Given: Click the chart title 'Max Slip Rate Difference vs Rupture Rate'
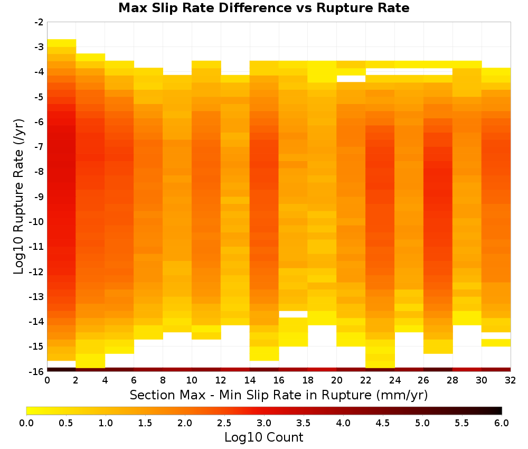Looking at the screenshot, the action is [263, 8].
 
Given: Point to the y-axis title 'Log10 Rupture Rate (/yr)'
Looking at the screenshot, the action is [18, 197].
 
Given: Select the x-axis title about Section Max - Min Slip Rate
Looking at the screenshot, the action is [279, 395].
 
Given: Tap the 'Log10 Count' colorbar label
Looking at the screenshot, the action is [263, 437].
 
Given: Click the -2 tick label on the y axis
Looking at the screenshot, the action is [39, 22].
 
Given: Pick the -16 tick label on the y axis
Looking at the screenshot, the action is [37, 371].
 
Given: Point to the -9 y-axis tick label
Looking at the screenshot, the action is [39, 197].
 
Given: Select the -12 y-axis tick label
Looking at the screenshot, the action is [37, 272].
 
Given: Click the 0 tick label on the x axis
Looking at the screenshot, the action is [47, 380].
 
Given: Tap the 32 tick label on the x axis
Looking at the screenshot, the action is [511, 380].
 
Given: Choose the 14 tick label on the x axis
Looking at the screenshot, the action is [250, 380].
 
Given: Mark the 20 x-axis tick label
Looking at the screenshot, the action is [337, 380].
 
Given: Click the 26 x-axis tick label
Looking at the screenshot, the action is [423, 380].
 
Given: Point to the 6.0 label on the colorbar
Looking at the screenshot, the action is [502, 423].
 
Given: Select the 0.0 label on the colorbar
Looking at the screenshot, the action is [26, 423].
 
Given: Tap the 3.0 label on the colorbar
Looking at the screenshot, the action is [264, 423].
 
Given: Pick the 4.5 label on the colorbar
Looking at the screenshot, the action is [383, 423].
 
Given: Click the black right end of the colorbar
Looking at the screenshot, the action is [501, 410].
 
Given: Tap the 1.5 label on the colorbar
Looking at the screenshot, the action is [145, 423].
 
